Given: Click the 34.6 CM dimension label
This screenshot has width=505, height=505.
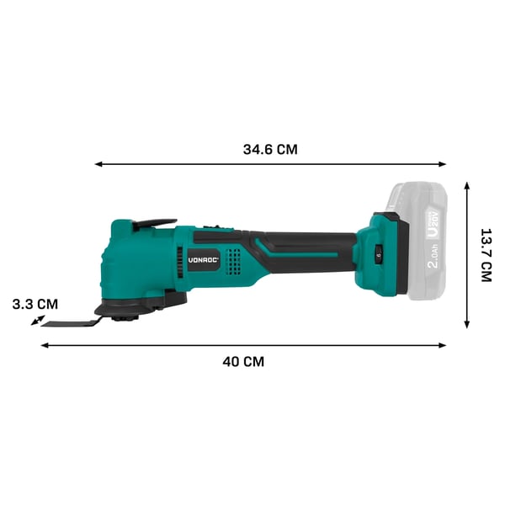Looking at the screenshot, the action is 270,150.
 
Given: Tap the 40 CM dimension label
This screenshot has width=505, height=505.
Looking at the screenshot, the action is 243,362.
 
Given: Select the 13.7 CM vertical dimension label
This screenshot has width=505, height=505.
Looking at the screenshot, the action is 486,255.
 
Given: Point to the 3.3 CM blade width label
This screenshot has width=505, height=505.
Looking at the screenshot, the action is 35,304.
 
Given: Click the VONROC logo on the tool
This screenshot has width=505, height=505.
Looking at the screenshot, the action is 204,260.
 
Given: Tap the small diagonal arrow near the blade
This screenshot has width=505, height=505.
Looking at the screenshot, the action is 38,320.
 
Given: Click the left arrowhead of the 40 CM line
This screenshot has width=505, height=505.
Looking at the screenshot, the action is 45,346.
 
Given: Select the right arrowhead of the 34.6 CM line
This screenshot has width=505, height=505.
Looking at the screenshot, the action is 442,164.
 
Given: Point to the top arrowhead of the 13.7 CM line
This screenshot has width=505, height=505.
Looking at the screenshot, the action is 466,185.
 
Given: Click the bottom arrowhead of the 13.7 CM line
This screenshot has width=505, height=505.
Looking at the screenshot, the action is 466,324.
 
